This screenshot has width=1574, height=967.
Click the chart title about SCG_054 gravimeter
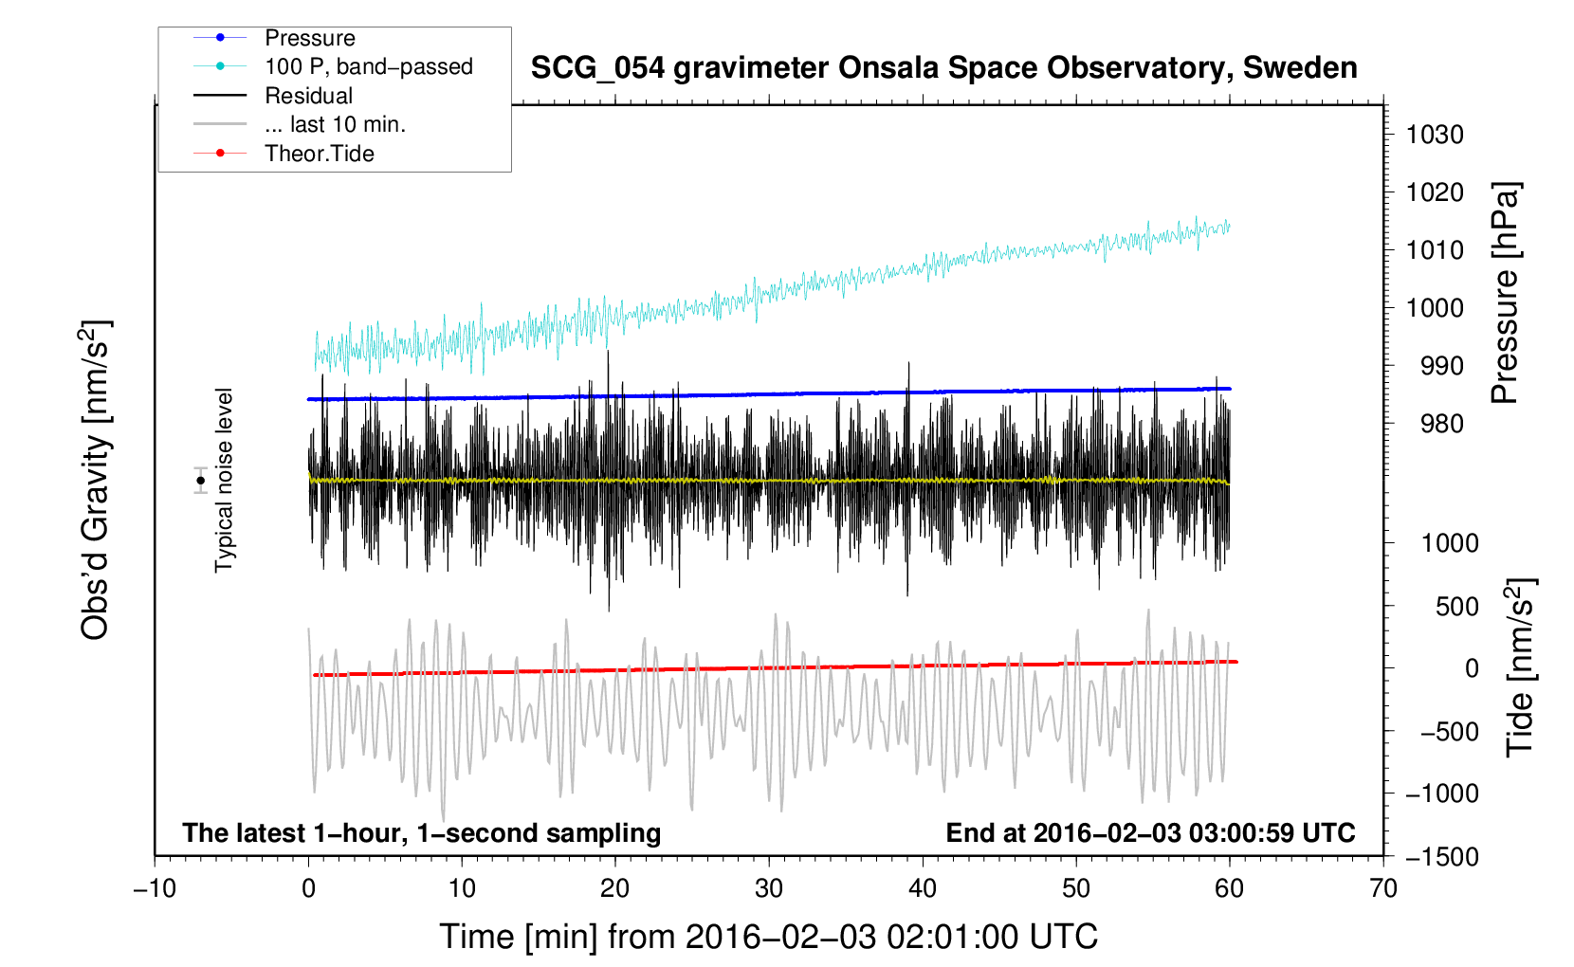pos(943,68)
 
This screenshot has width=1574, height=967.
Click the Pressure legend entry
pos(309,38)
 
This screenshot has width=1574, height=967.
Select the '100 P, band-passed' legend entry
pos(368,66)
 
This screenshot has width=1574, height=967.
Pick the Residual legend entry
pos(308,96)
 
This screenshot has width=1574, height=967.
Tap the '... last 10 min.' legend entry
pos(335,124)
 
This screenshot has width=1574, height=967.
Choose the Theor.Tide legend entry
pos(319,154)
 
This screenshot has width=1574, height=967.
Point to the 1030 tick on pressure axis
pos(1434,135)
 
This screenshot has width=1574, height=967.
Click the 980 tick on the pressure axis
pos(1434,424)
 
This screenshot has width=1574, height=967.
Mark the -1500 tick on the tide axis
pos(1441,856)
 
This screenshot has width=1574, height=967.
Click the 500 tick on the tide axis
pos(1456,606)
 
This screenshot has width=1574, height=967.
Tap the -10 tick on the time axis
pos(155,888)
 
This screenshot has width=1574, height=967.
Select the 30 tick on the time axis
pos(769,888)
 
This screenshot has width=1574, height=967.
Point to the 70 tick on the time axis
pos(1383,888)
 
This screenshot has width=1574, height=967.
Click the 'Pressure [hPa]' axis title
pos(1505,294)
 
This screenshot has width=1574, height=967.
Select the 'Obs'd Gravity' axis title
pos(96,480)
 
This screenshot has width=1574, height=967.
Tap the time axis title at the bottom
pos(769,937)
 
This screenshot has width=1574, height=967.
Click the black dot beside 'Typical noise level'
pos(200,481)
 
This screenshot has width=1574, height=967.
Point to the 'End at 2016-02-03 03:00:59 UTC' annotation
pos(1150,832)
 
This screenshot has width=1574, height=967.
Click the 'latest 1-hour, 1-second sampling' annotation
pos(422,832)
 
